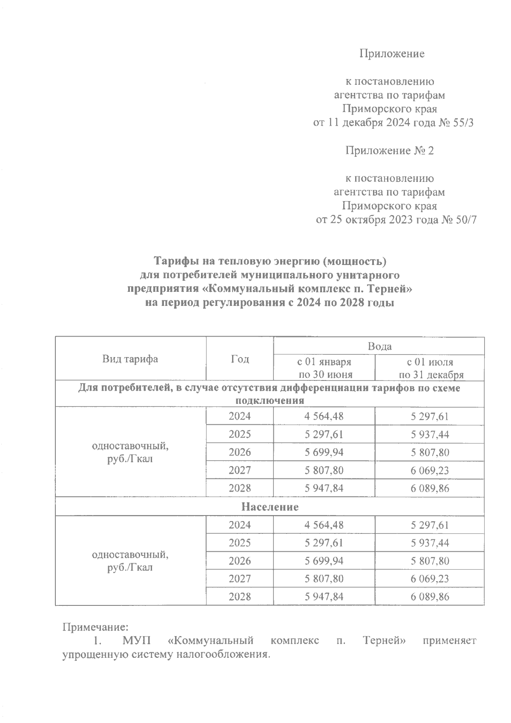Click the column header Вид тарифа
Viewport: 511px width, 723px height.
[x=130, y=359]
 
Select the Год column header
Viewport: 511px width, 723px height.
[x=240, y=359]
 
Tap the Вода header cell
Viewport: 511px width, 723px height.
[x=379, y=346]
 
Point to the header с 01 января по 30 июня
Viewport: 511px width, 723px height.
[x=324, y=368]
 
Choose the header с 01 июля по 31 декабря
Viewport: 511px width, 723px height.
[x=430, y=368]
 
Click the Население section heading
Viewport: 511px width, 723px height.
[x=270, y=507]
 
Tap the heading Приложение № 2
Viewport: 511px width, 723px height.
[x=389, y=150]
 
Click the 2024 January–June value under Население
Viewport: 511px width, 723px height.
[x=324, y=525]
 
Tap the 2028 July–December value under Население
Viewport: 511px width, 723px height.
[x=430, y=597]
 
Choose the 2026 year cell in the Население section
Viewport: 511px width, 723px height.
[x=240, y=561]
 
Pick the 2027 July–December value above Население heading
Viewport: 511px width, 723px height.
[x=430, y=470]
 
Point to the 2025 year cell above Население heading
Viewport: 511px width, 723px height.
[x=240, y=435]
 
